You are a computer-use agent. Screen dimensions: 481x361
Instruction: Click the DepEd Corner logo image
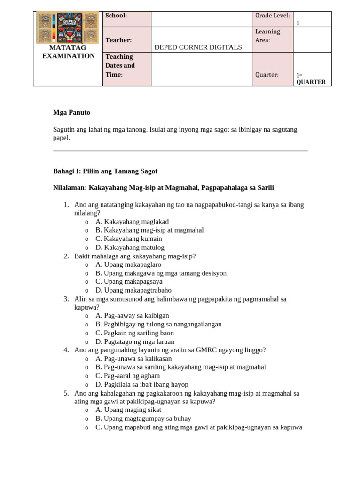pos(68,28)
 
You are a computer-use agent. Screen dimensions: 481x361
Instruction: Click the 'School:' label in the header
pos(116,16)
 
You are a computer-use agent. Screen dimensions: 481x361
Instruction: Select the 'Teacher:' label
pos(118,41)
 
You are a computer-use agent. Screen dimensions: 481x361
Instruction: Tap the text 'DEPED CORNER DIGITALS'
pos(198,47)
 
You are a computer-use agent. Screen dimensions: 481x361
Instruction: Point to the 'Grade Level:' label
pos(272,16)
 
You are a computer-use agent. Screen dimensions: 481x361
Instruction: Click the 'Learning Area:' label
pos(267,36)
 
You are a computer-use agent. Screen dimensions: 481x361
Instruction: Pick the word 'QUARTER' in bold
pos(311,82)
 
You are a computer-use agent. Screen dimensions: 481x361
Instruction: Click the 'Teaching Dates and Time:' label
pos(120,65)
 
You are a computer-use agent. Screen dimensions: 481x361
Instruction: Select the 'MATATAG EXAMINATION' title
pos(68,52)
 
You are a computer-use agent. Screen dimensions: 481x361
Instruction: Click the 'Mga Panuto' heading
pos(71,112)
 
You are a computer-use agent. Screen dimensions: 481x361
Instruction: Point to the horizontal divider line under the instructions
pos(180,151)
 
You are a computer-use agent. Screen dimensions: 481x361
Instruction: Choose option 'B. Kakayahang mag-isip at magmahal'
pos(149,230)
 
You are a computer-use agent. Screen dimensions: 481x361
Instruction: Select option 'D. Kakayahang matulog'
pos(130,248)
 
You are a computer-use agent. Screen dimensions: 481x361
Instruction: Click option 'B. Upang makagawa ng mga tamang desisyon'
pos(161,273)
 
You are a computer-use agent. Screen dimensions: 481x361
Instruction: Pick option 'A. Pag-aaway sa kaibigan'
pos(132,316)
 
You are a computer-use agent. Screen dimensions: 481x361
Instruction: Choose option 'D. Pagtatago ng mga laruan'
pos(134,341)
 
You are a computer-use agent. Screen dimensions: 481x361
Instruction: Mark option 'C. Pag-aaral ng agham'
pos(127,375)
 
